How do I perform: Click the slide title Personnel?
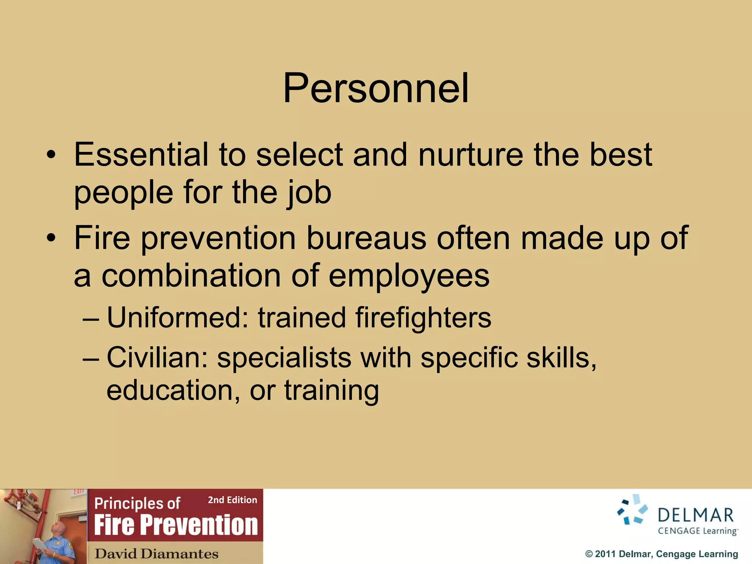tap(376, 88)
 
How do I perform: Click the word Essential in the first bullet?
tap(141, 155)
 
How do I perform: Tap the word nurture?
tap(470, 155)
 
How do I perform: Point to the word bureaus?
tap(366, 238)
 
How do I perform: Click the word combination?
tap(191, 276)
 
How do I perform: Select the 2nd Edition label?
tap(232, 500)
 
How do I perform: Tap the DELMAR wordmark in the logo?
tap(695, 515)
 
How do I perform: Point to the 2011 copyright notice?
tap(661, 554)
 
